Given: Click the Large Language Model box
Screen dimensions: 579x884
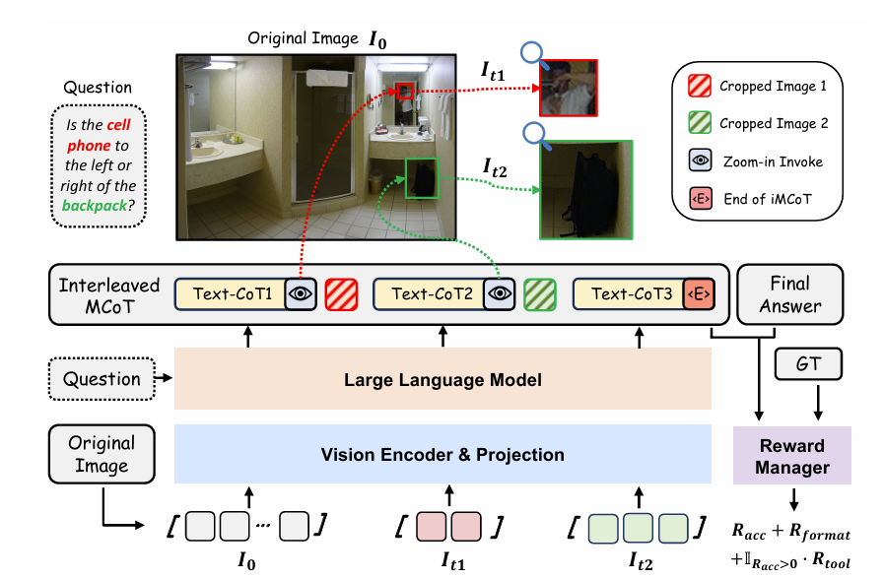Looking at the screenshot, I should [442, 379].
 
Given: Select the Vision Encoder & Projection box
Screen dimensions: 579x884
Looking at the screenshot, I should [442, 454].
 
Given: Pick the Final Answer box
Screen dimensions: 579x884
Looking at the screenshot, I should [789, 293].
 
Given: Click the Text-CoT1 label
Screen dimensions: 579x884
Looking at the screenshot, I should [230, 293].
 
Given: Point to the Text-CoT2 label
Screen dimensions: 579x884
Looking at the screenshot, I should [429, 293].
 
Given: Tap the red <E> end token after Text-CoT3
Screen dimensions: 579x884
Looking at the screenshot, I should [698, 293].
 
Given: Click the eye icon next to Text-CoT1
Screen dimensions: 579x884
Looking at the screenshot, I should [300, 293].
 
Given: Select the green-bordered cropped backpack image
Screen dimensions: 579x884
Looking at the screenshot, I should [585, 190].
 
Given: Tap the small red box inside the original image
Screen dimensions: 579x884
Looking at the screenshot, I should [406, 91].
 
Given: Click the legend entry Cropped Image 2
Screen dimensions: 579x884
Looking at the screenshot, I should [774, 124].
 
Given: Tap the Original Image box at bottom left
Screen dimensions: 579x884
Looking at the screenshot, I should [102, 454].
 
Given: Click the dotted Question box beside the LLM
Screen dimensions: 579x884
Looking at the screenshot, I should [102, 379].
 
